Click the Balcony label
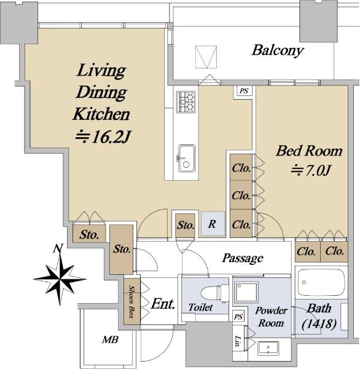click(x=278, y=50)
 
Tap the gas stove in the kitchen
click(x=186, y=102)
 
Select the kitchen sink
click(x=187, y=159)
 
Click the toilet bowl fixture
click(x=215, y=293)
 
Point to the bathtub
click(x=321, y=282)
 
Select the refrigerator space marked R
click(x=213, y=224)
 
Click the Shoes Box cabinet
click(x=132, y=302)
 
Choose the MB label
click(x=110, y=339)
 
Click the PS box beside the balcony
click(x=243, y=91)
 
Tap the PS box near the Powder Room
click(x=238, y=317)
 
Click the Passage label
click(x=243, y=258)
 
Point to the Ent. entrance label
click(x=163, y=304)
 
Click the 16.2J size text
click(x=103, y=137)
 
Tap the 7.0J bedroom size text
click(x=311, y=170)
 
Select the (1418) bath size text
click(x=319, y=325)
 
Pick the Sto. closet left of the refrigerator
click(x=186, y=226)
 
